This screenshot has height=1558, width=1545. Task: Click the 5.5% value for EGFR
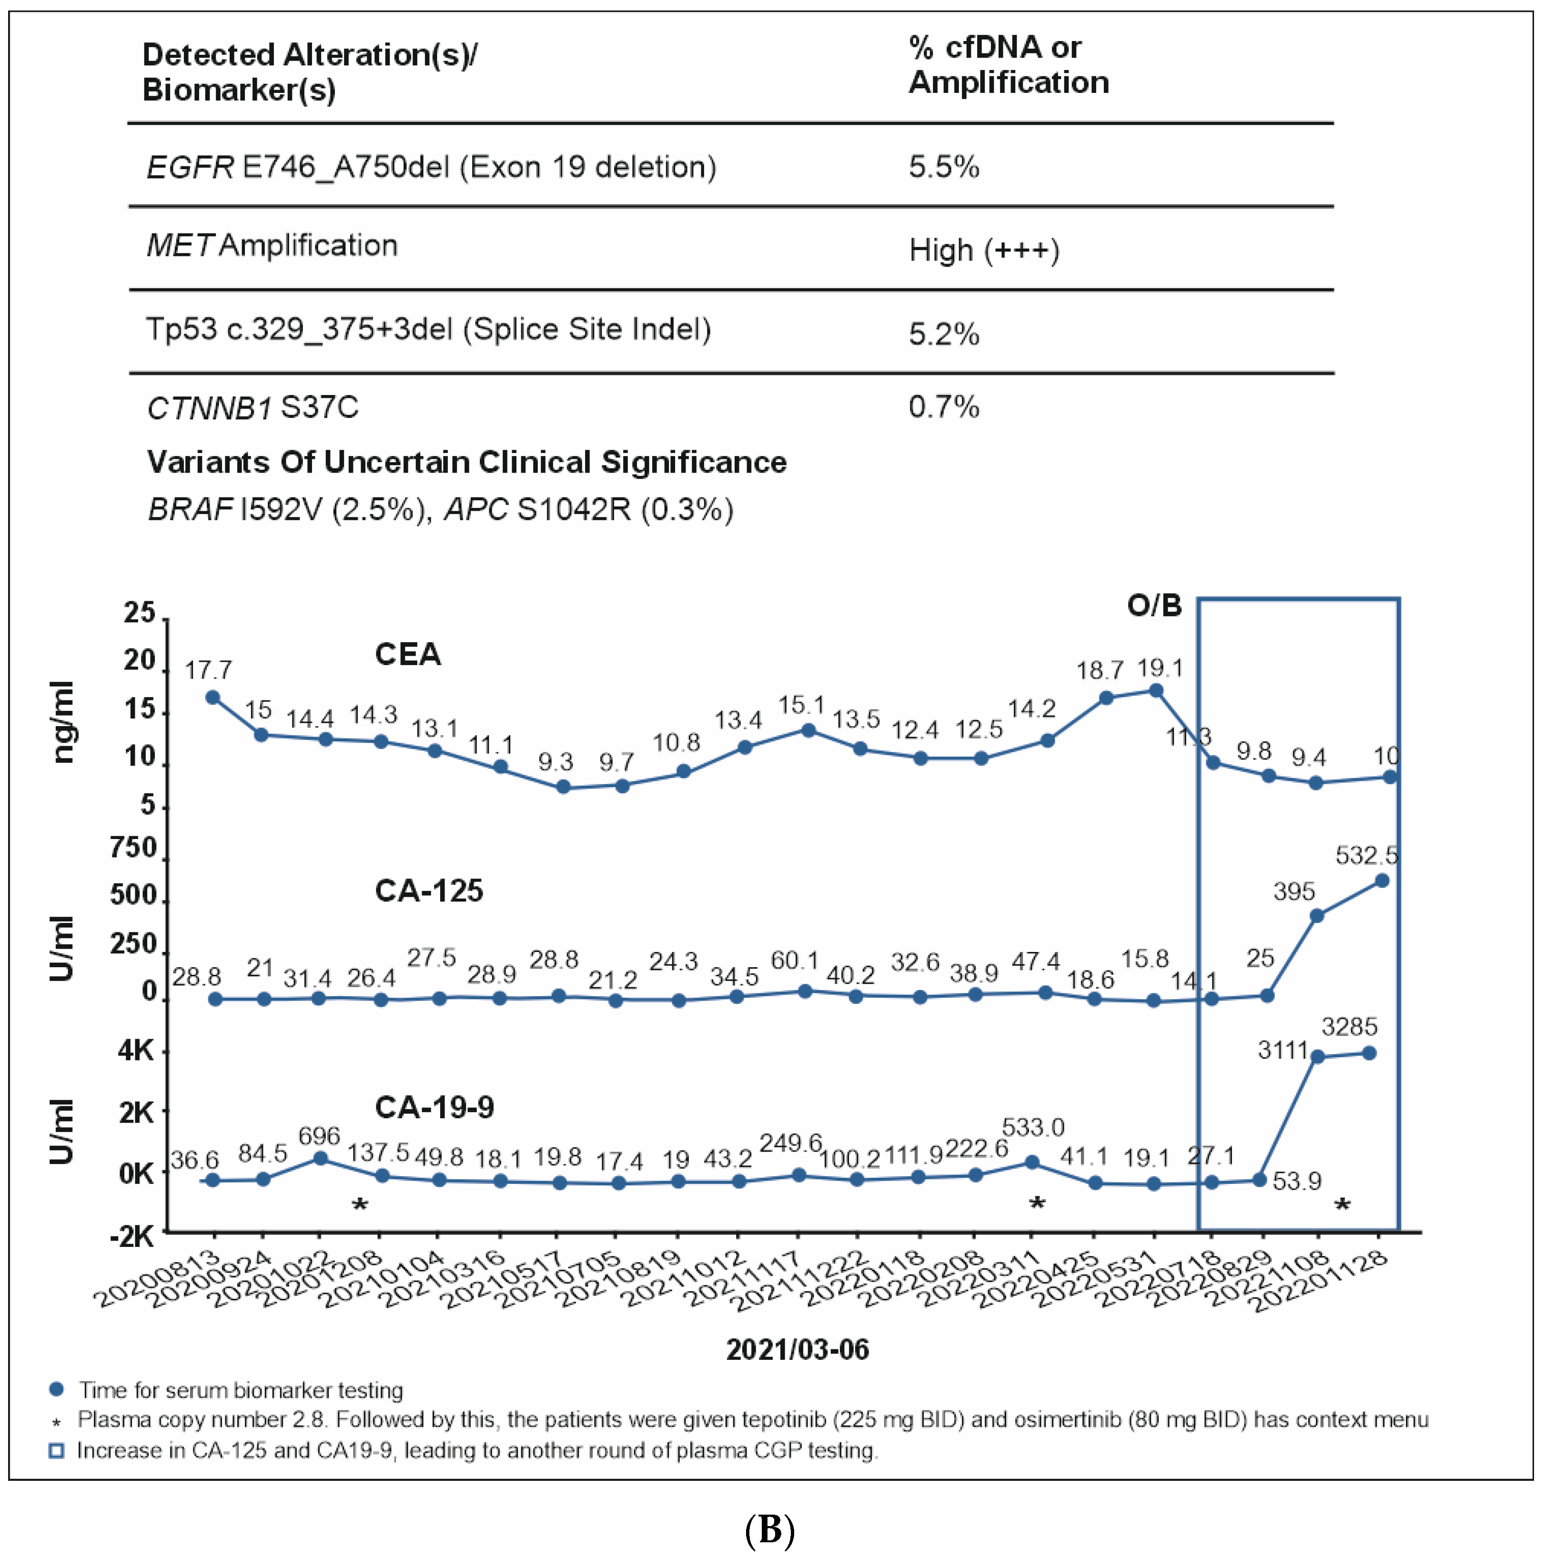pyautogui.click(x=943, y=167)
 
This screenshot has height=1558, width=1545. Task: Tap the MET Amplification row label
pyautogui.click(x=272, y=245)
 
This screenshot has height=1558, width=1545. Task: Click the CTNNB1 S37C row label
pyautogui.click(x=252, y=408)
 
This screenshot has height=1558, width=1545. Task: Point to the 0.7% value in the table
pyautogui.click(x=943, y=406)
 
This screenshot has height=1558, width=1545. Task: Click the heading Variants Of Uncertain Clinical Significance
pyautogui.click(x=466, y=462)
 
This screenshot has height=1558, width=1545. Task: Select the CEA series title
pyautogui.click(x=407, y=654)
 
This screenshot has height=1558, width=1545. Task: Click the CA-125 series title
pyautogui.click(x=428, y=890)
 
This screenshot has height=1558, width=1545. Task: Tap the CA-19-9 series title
pyautogui.click(x=434, y=1107)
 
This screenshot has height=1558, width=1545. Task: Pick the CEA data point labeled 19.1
pyautogui.click(x=1155, y=690)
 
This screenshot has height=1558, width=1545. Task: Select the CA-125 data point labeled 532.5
pyautogui.click(x=1381, y=880)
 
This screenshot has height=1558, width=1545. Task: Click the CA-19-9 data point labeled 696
pyautogui.click(x=319, y=1158)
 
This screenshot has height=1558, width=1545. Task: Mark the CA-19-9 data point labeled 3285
pyautogui.click(x=1368, y=1053)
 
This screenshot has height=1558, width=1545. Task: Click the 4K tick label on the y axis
pyautogui.click(x=135, y=1050)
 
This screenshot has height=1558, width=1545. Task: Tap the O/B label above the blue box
pyautogui.click(x=1154, y=605)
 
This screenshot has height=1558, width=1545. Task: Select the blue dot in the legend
pyautogui.click(x=56, y=1389)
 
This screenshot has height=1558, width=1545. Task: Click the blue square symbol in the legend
pyautogui.click(x=56, y=1451)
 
